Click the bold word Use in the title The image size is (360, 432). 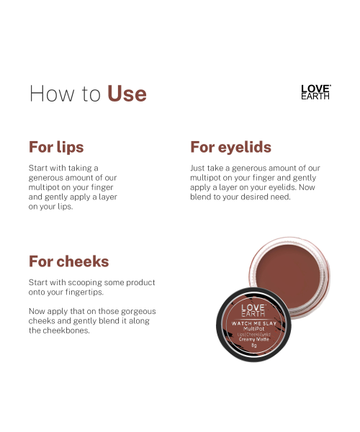tap(127, 94)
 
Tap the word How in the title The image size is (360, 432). tap(48, 94)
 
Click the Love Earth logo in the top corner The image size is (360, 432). tap(315, 91)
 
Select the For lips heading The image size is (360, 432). tap(56, 148)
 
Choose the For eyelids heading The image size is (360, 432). tap(230, 148)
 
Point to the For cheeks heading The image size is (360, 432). tap(68, 261)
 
